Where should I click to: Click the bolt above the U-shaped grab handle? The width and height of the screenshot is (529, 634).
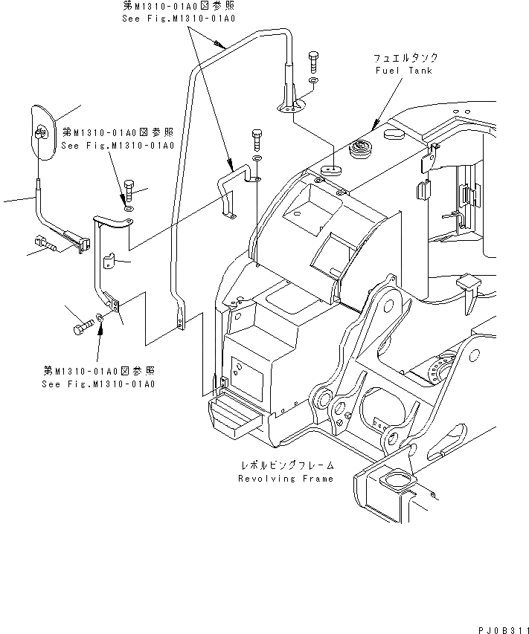click(x=257, y=138)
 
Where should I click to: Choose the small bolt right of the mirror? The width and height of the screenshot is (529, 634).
click(x=131, y=192)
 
